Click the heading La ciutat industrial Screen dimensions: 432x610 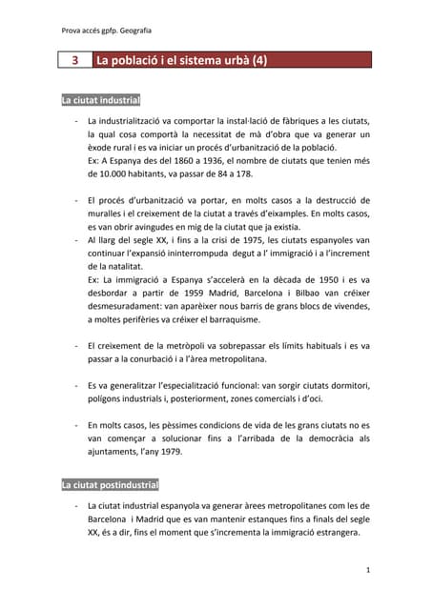101,100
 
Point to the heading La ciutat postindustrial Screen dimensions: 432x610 110,485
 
